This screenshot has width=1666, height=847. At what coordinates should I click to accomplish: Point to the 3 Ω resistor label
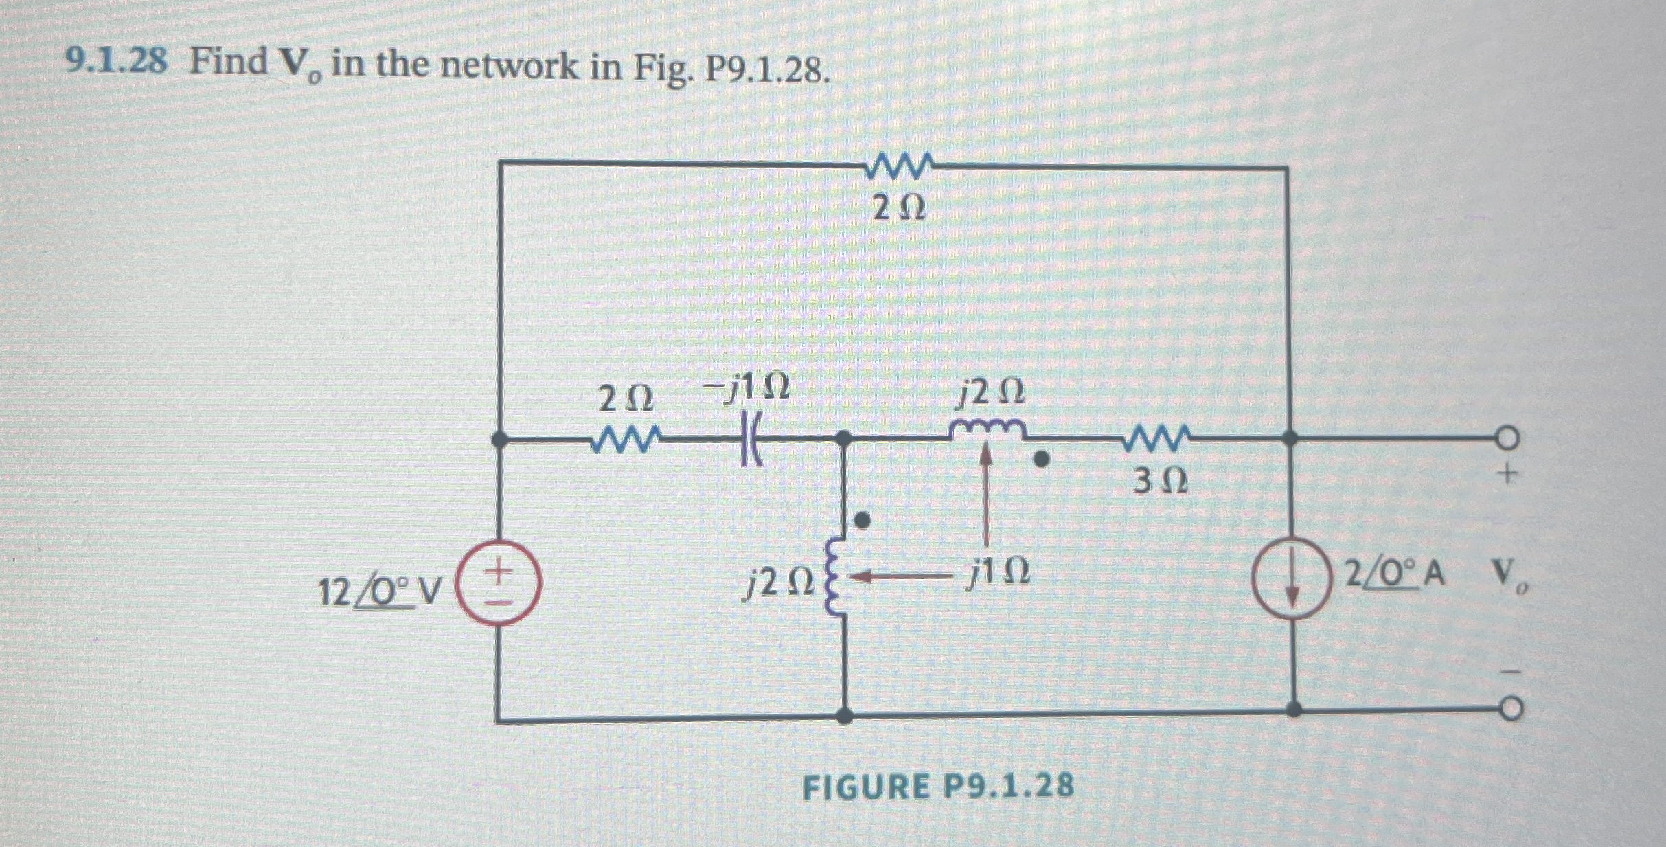click(1160, 482)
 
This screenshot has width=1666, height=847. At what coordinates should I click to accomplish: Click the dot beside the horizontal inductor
click(1042, 458)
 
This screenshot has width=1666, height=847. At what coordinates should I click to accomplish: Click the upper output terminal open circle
click(1508, 437)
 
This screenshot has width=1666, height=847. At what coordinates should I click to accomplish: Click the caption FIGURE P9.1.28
click(938, 787)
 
